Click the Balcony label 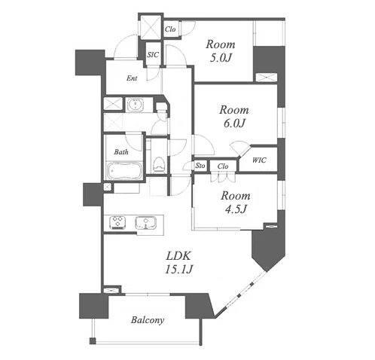tap(148, 320)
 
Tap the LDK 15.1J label tap(178, 263)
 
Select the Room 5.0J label tap(221, 51)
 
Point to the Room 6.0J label tap(234, 117)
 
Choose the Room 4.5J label tap(236, 202)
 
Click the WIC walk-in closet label tap(259, 160)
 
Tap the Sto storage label tap(200, 166)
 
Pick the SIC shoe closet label tap(153, 55)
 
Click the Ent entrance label tap(132, 78)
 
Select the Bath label tap(121, 152)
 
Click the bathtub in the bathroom tap(123, 171)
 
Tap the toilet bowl tap(158, 164)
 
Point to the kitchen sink tap(146, 223)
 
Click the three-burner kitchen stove tap(117, 223)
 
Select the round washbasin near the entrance tap(136, 104)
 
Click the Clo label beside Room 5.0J tap(170, 29)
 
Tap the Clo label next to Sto tap(223, 166)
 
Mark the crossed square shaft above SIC tap(151, 27)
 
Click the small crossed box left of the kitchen tap(107, 187)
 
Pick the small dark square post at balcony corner tap(93, 341)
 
